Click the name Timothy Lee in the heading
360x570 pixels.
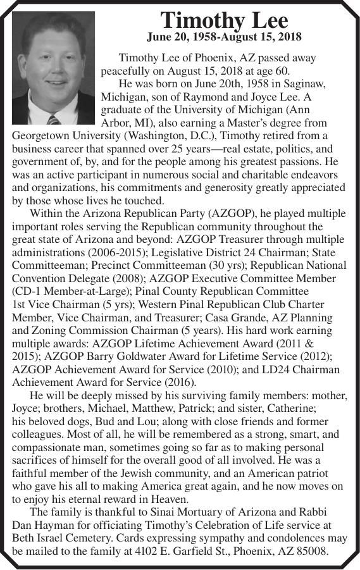click(224, 20)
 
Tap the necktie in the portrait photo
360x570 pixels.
click(54, 119)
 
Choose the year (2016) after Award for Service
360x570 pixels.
click(180, 382)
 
